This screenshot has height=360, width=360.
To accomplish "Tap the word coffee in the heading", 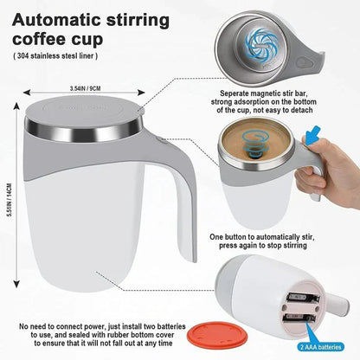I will [43, 40].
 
